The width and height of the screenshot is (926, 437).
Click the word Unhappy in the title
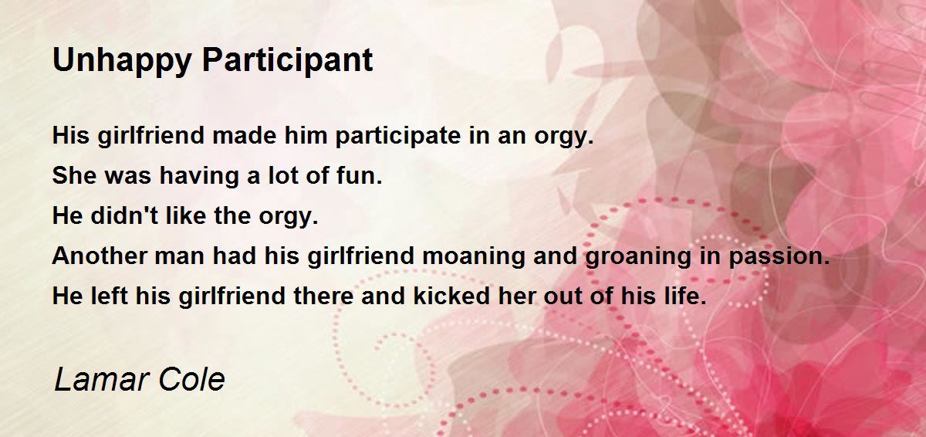(x=122, y=61)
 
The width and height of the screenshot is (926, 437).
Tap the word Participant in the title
(x=288, y=61)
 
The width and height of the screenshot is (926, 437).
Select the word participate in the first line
(x=397, y=137)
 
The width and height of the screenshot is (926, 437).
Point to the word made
(x=244, y=135)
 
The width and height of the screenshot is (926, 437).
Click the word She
(x=75, y=175)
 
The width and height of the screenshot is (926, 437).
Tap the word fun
(x=360, y=175)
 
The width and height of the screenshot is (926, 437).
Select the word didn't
(x=124, y=215)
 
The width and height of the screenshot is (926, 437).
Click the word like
(x=186, y=215)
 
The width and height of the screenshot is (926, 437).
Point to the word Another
(x=100, y=256)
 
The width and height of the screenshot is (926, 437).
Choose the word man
(x=179, y=258)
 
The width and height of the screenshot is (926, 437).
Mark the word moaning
(x=473, y=258)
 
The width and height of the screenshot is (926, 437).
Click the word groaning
(x=638, y=258)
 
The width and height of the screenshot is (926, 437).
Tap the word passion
(x=779, y=258)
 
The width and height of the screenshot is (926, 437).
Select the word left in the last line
(x=109, y=296)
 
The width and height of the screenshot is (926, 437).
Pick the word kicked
(x=451, y=296)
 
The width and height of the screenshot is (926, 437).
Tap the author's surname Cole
(x=192, y=380)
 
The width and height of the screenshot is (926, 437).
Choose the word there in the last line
(x=323, y=296)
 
